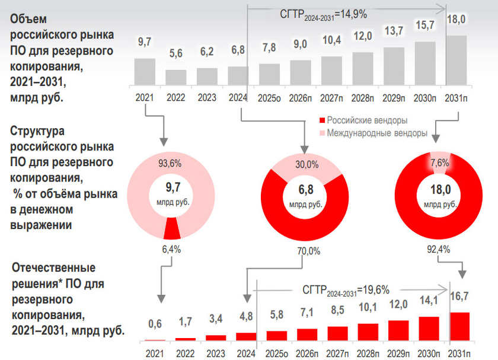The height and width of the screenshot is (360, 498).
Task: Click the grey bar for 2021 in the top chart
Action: tap(145, 71)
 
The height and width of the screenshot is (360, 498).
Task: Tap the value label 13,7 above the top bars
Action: tap(394, 31)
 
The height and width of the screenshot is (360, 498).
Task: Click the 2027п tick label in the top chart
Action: tap(331, 97)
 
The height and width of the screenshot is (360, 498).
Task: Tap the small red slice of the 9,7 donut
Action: tap(171, 227)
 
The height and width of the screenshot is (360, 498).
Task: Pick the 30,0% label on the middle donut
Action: tap(307, 164)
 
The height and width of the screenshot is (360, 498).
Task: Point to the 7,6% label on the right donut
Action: tap(439, 163)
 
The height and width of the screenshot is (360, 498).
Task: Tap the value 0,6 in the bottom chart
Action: tap(155, 324)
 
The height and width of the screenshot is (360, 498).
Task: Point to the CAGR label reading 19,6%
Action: tap(346, 290)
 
